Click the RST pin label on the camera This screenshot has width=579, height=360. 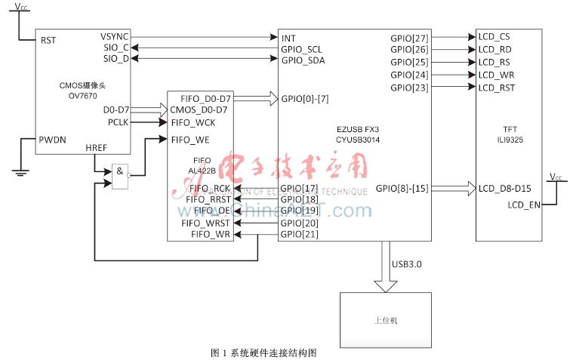(49, 41)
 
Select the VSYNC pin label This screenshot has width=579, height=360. (114, 36)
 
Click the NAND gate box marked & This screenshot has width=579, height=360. (120, 174)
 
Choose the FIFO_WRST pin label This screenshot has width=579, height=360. (205, 223)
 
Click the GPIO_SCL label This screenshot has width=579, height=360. (302, 48)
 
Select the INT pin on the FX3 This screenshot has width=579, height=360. (288, 37)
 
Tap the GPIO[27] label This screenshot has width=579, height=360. (409, 37)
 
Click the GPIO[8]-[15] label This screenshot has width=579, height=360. (402, 188)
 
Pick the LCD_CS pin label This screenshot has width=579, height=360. (494, 37)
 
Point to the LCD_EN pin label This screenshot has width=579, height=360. (523, 205)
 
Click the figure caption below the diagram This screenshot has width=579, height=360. (263, 352)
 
